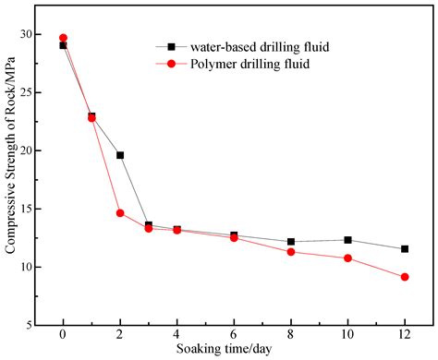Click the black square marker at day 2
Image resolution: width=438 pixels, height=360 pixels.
point(120,155)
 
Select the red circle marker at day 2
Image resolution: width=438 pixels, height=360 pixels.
point(120,213)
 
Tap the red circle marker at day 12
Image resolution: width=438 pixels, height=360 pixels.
point(405,277)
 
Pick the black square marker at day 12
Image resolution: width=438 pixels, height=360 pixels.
point(405,249)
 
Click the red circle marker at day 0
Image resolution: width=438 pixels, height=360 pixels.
point(63,38)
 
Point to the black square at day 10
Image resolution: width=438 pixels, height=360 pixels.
point(347,240)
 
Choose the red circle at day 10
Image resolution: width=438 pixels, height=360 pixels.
point(347,258)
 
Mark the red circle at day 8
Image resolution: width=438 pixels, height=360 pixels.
point(291,252)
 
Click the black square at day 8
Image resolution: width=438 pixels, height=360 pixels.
point(291,242)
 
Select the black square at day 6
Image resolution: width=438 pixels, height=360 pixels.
point(234,235)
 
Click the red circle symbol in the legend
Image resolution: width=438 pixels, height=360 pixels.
point(170,64)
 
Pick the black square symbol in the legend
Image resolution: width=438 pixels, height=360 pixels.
point(170,47)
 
